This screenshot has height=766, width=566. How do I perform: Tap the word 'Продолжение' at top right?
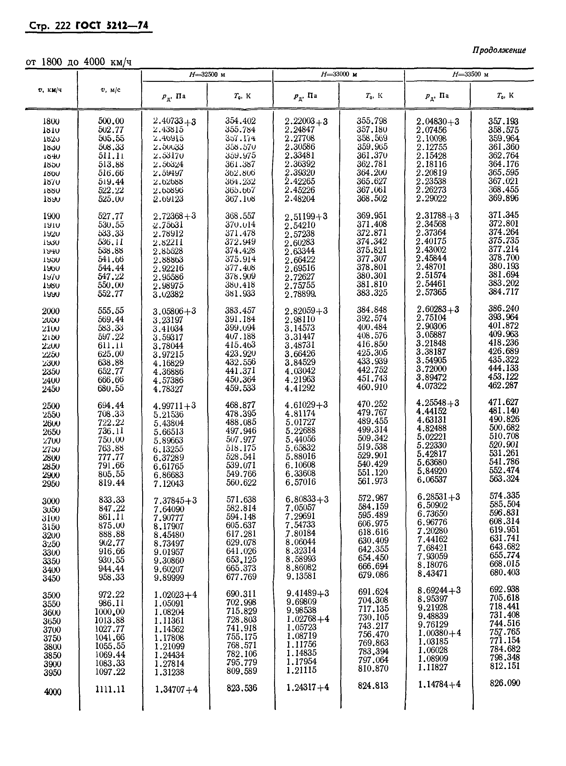[499, 50]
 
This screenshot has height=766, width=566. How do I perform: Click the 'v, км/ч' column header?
[50, 90]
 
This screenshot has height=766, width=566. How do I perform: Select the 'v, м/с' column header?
[110, 90]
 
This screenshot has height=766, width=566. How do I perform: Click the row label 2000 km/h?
[51, 311]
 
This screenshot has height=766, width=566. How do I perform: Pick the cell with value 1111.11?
[110, 689]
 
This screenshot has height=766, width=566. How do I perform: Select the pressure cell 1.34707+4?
[176, 689]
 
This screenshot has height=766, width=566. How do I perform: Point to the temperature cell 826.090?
[505, 683]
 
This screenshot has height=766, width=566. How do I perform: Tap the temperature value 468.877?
[241, 405]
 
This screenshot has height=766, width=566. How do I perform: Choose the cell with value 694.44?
[111, 405]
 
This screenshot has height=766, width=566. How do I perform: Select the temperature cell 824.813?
[373, 685]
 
